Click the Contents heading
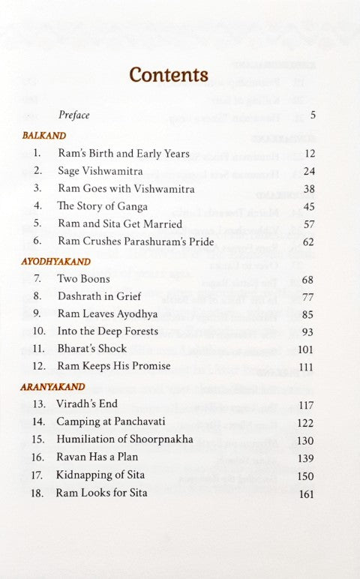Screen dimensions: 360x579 pyautogui.click(x=169, y=75)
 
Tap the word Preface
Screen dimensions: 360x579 pyautogui.click(x=74, y=115)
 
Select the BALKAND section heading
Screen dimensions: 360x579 pyautogui.click(x=45, y=136)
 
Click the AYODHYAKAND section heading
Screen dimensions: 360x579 pyautogui.click(x=57, y=262)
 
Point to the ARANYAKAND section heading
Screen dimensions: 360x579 pyautogui.click(x=54, y=387)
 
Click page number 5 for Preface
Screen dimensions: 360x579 pyautogui.click(x=313, y=115)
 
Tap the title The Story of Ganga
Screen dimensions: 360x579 pyautogui.click(x=103, y=206)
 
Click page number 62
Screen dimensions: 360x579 pyautogui.click(x=308, y=241)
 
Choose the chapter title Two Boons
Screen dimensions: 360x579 pyautogui.click(x=83, y=279)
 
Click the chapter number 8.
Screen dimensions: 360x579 pyautogui.click(x=37, y=296)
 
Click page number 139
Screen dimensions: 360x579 pyautogui.click(x=306, y=457)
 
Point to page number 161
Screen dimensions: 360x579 pyautogui.click(x=306, y=493)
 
